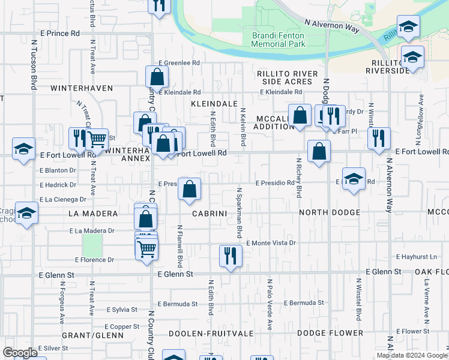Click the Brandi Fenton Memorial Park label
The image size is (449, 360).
point(277,40)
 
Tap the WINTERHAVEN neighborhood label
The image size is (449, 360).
point(82,88)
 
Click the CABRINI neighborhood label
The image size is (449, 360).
point(208,213)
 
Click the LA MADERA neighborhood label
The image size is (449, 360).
point(91,213)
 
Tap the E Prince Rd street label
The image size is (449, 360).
point(59,33)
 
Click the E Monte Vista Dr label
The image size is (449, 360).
point(271,243)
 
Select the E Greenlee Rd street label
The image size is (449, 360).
point(179,62)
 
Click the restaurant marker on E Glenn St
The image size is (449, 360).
point(230,256)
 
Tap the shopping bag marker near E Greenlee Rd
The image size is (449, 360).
point(157,77)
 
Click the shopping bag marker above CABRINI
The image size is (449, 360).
point(189,189)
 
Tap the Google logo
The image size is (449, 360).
point(20,353)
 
